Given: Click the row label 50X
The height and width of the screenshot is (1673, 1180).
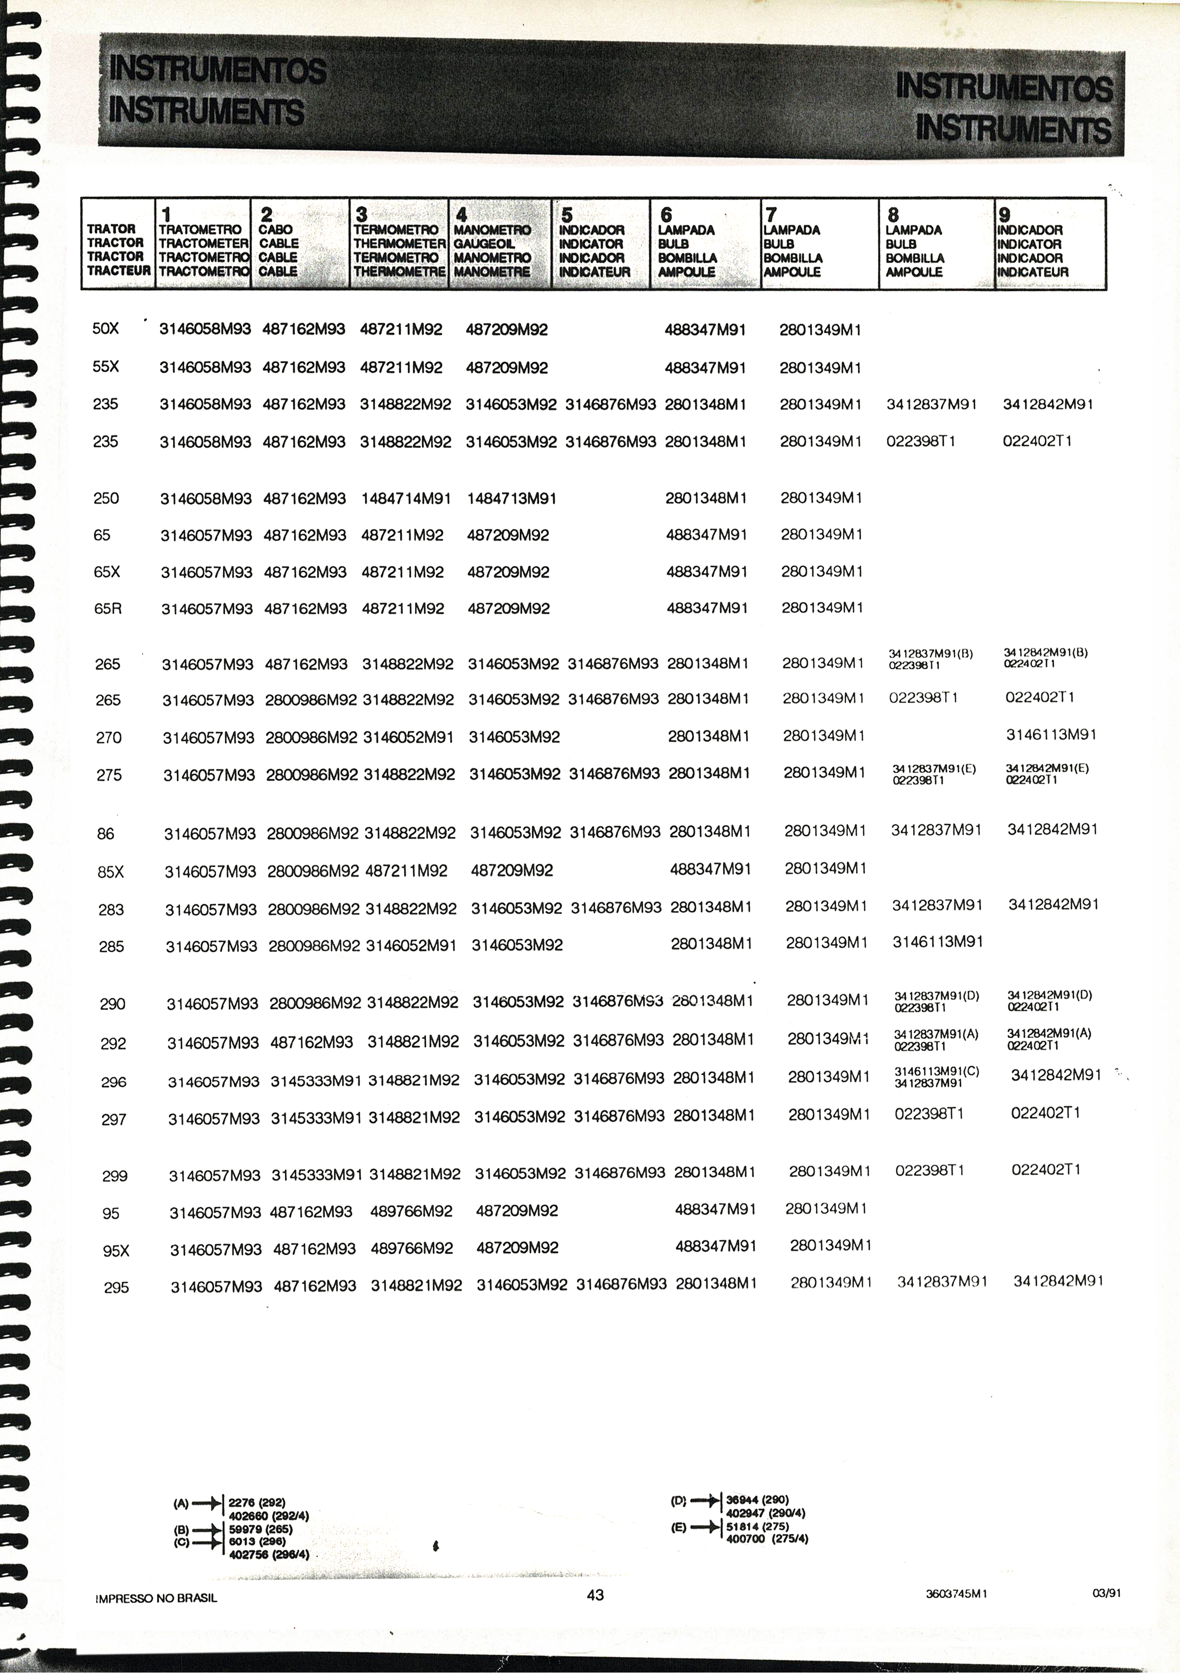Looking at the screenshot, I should (105, 328).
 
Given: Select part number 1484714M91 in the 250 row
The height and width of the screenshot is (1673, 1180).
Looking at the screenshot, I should (406, 499).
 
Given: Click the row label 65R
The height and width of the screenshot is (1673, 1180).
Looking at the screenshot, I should (108, 608).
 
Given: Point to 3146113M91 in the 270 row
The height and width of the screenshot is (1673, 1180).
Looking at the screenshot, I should (1051, 735).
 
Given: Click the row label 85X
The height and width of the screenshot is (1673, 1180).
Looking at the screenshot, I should (111, 872).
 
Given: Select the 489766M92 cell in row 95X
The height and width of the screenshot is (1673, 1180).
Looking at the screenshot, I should (412, 1248).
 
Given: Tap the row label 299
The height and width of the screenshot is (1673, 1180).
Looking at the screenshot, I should (114, 1176).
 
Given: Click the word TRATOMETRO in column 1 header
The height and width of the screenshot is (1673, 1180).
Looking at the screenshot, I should (200, 230).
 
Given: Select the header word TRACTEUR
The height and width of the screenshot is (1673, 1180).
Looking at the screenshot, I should (119, 271).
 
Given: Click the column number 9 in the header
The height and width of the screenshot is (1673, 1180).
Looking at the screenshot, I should (1004, 214).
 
